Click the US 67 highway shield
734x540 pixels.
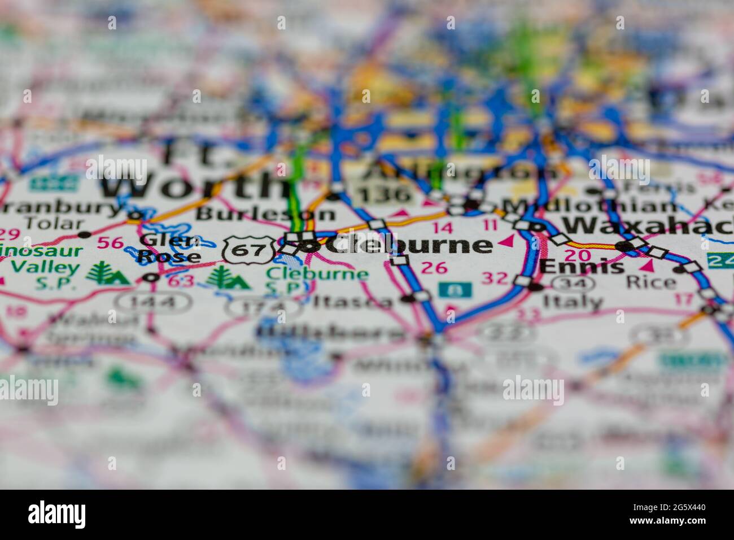pyautogui.click(x=249, y=249)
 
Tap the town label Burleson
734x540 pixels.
pyautogui.click(x=266, y=214)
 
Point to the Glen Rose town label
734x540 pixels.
pyautogui.click(x=169, y=249)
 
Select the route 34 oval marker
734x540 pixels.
pyautogui.click(x=574, y=282)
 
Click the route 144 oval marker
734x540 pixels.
pyautogui.click(x=153, y=302)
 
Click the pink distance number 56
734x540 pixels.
pyautogui.click(x=110, y=243)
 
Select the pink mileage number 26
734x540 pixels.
pyautogui.click(x=434, y=267)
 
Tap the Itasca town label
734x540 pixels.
pyautogui.click(x=353, y=301)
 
